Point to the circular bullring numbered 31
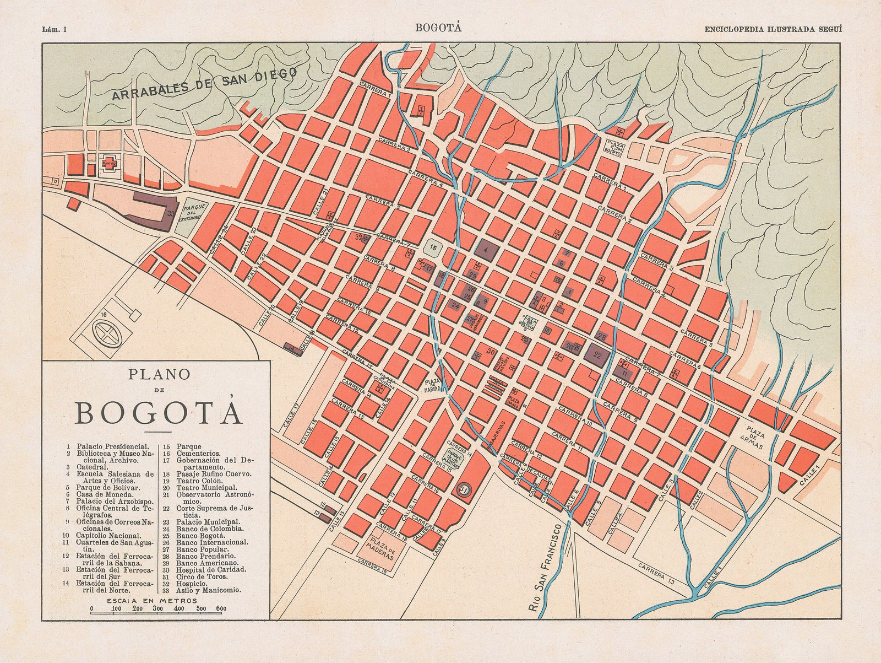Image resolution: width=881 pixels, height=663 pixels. (x=464, y=488)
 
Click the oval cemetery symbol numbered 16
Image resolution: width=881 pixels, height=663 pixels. (x=107, y=333)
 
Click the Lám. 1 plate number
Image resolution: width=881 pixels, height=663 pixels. (x=53, y=29)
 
